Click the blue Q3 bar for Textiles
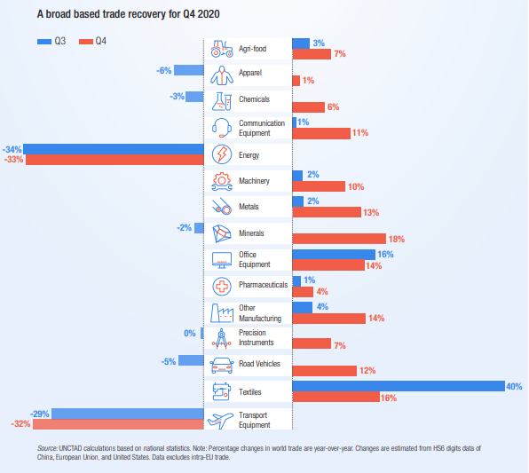click(x=399, y=386)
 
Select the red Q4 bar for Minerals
click(x=339, y=239)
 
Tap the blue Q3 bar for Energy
click(x=114, y=149)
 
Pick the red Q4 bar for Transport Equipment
click(x=118, y=424)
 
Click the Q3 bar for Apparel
click(x=189, y=70)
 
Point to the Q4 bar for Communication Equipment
click(x=321, y=133)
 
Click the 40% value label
click(x=514, y=387)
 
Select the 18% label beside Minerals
click(x=397, y=240)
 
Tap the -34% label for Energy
click(x=12, y=149)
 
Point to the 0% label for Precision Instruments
click(x=190, y=334)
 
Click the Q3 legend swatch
click(x=44, y=42)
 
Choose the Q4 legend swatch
click(x=86, y=42)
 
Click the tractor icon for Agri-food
click(x=222, y=49)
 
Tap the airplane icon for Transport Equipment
click(x=220, y=420)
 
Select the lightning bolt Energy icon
click(x=222, y=154)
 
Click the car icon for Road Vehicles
click(x=222, y=366)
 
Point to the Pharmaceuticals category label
click(x=263, y=285)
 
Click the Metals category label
click(x=249, y=207)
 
